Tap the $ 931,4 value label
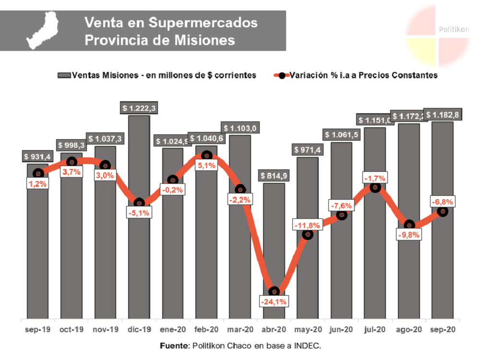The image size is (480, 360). coord(38,156)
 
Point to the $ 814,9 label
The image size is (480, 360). coord(274,176)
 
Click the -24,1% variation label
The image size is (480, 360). coord(273,302)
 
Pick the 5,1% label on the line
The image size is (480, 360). coord(206,166)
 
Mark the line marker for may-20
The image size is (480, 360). coord(308,234)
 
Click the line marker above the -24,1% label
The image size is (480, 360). coord(274,291)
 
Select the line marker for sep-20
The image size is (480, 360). coord(443,211)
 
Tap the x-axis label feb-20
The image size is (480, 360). coord(206,330)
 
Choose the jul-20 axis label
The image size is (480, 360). coord(375,330)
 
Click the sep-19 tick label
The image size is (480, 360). coord(38,330)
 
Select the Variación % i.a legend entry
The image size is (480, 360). coord(355,75)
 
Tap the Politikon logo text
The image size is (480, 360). coord(454,30)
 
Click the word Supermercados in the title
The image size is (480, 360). coord(204,23)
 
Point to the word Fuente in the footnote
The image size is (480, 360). coord(174,346)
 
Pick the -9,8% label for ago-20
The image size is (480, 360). coord(409,235)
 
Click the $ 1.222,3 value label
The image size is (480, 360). coord(139,108)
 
